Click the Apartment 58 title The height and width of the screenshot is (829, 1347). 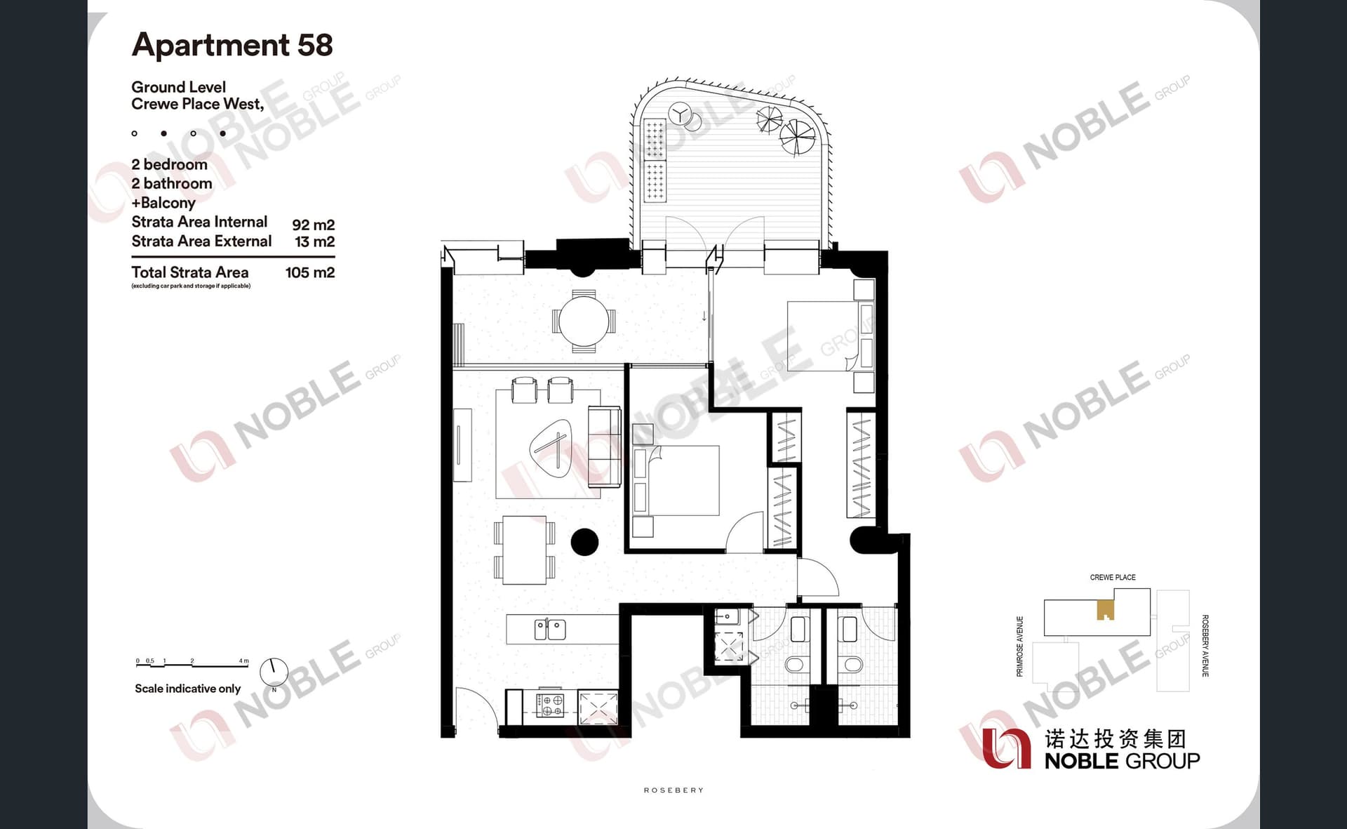pos(232,45)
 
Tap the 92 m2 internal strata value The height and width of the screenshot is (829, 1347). pos(313,225)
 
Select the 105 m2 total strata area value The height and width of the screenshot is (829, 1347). pos(309,272)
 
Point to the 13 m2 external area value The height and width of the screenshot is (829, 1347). pos(314,241)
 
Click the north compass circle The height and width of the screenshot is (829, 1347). pos(274,672)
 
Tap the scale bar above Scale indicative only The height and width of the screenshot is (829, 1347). pos(192,663)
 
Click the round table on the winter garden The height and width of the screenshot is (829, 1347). pos(584,321)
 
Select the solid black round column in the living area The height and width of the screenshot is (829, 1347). pos(584,541)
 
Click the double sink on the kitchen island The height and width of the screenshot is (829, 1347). pos(550,629)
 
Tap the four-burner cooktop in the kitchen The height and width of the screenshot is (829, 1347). pos(550,705)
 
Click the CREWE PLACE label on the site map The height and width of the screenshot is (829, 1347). pos(1113,577)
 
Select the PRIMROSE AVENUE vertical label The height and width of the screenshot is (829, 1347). pos(1020,646)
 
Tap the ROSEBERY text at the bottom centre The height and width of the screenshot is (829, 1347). pos(673,790)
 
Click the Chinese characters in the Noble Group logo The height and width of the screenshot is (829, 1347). pos(1115,738)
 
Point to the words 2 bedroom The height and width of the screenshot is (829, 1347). pos(169,164)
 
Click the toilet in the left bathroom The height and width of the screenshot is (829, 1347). pos(796,664)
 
